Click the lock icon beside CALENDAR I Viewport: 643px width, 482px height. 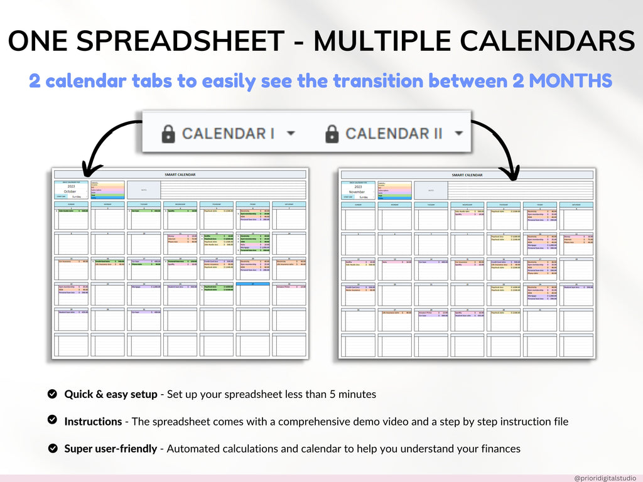168,133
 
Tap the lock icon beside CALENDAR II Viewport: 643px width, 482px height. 332,133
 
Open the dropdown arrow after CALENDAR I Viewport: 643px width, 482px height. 290,133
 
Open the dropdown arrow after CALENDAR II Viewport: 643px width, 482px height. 459,133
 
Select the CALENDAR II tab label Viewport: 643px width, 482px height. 394,133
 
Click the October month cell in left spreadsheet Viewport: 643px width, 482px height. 70,191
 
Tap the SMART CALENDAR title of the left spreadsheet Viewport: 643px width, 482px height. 180,174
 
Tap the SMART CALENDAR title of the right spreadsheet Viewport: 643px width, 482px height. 467,175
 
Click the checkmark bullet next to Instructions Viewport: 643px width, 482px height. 53,421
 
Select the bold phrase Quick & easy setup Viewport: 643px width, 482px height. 111,394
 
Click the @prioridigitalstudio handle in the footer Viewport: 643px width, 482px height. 605,478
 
